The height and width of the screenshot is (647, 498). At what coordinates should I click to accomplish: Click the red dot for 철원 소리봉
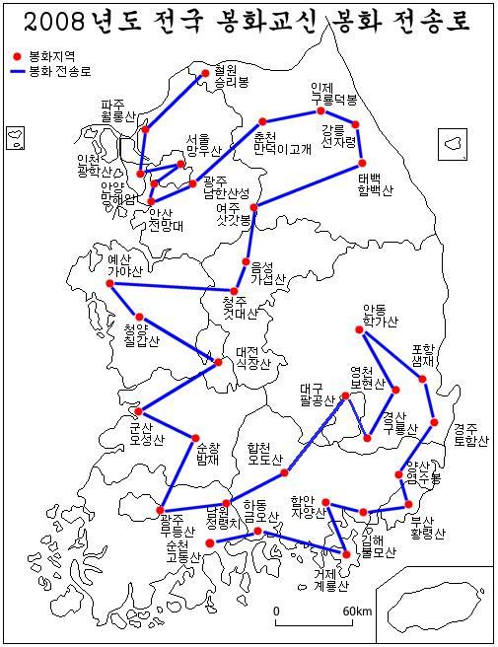pyautogui.click(x=204, y=72)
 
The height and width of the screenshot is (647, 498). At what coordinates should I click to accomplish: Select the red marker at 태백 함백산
pyautogui.click(x=362, y=163)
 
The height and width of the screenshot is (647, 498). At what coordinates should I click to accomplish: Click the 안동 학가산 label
pyautogui.click(x=380, y=315)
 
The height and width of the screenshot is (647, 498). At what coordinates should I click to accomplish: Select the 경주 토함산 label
pyautogui.click(x=470, y=434)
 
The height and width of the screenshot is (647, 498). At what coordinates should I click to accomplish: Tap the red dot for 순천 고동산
pyautogui.click(x=209, y=543)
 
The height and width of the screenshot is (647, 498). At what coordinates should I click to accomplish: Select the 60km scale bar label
pyautogui.click(x=356, y=611)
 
